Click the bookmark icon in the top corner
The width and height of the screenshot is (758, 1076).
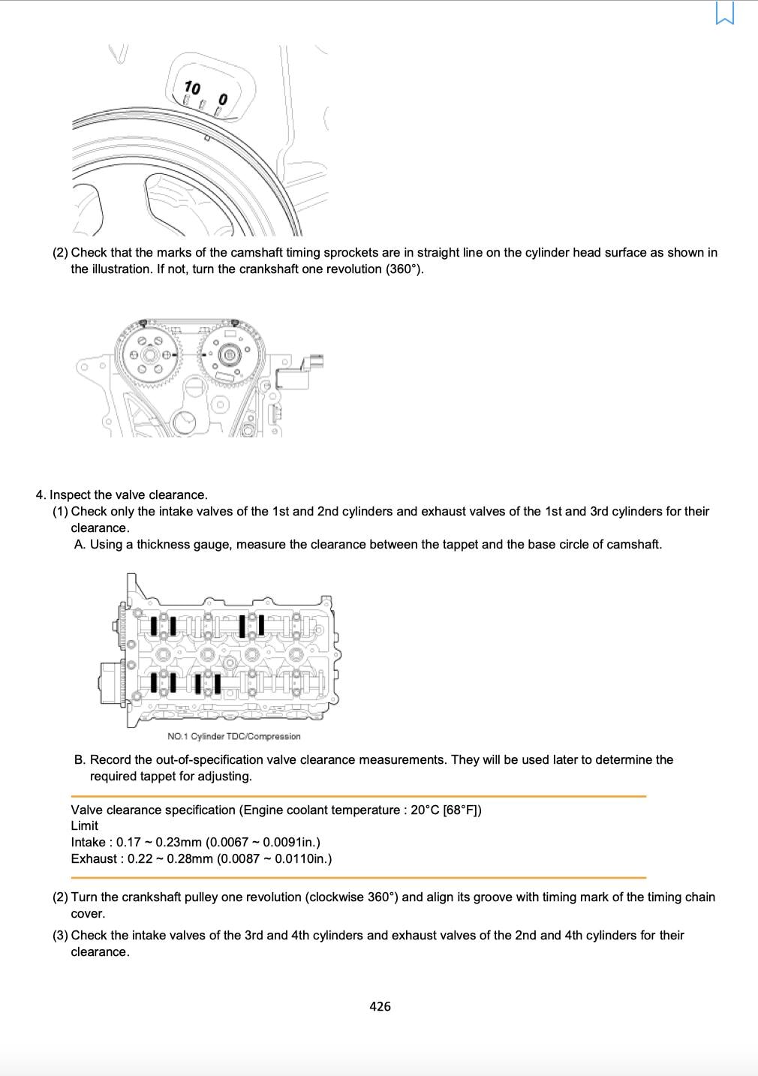pyautogui.click(x=725, y=13)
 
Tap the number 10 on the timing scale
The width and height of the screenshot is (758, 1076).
pyautogui.click(x=192, y=88)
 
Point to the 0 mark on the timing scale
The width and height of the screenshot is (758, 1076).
pyautogui.click(x=223, y=99)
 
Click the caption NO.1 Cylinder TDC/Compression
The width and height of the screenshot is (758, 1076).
pyautogui.click(x=233, y=736)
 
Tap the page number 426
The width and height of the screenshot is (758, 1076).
pyautogui.click(x=380, y=1006)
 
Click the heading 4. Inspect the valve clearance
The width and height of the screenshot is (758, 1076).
pyautogui.click(x=122, y=494)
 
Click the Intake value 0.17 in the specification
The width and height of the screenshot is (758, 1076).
pyautogui.click(x=128, y=842)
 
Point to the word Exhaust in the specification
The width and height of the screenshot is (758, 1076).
pyautogui.click(x=94, y=858)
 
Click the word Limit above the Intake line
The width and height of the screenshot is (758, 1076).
pyautogui.click(x=84, y=825)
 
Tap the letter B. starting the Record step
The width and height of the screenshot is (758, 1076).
pyautogui.click(x=80, y=759)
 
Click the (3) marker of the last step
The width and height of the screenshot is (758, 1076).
pyautogui.click(x=60, y=935)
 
